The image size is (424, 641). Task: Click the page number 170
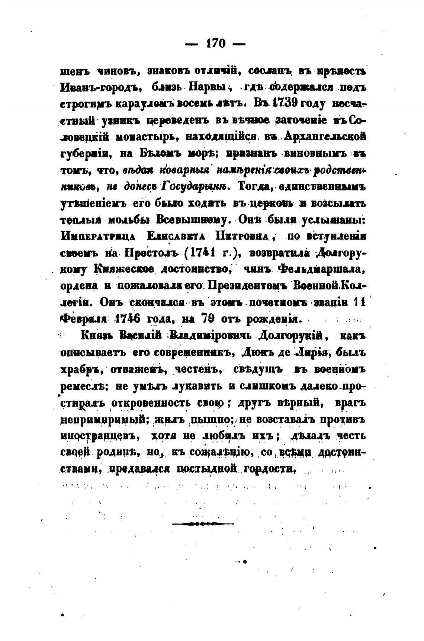(x=215, y=44)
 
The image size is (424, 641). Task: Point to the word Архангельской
(x=324, y=137)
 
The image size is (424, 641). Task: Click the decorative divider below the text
(x=203, y=524)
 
